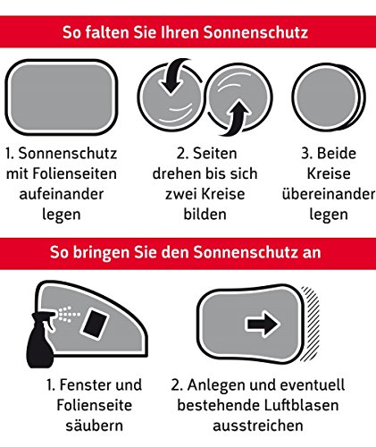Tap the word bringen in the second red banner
point(101,253)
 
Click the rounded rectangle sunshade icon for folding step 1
point(62,97)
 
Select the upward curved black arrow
point(237,118)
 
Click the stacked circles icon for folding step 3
point(329,97)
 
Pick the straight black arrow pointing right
point(263,324)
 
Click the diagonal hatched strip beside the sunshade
point(310,324)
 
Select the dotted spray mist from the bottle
point(69,314)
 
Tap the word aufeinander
point(62,194)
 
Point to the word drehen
point(171,173)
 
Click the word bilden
point(205,214)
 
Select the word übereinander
point(329,194)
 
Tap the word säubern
point(95,426)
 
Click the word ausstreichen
point(258,426)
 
